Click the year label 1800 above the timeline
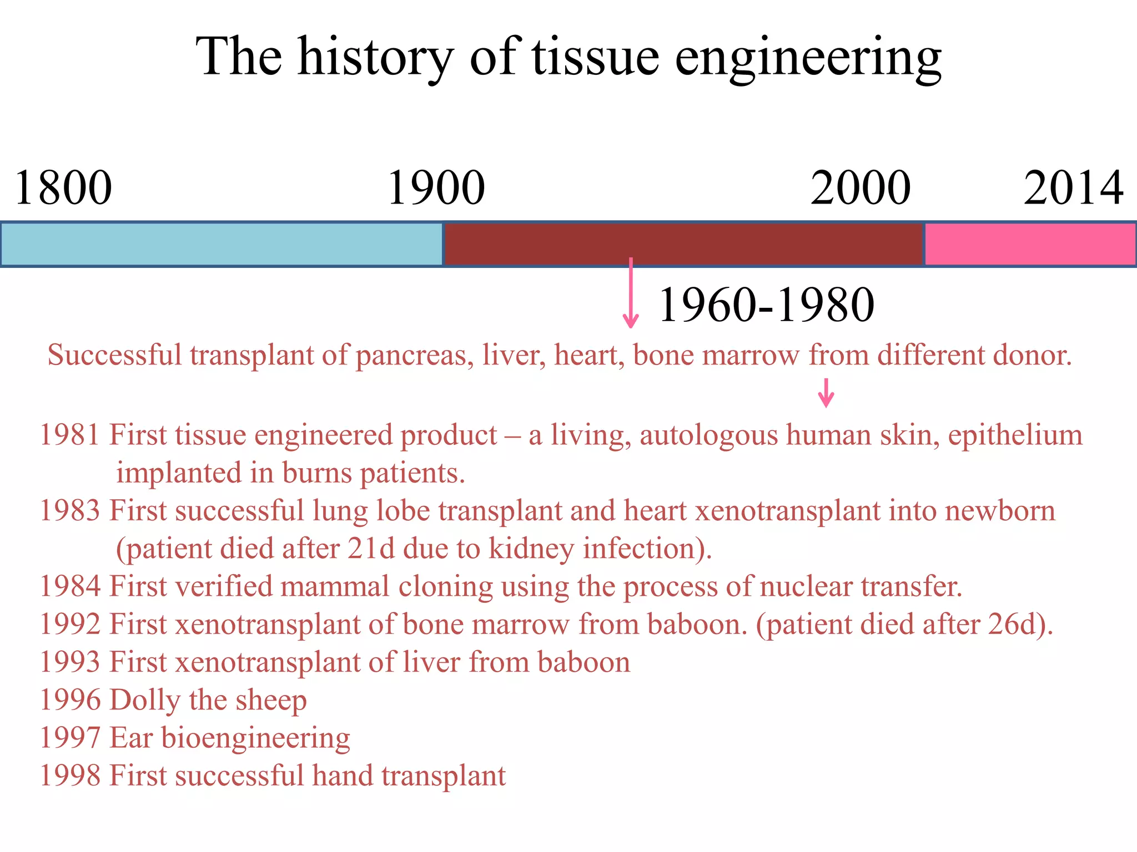pos(63,189)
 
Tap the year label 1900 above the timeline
pos(436,189)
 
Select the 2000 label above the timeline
pos(860,189)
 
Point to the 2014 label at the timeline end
pos(1073,189)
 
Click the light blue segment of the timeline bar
pos(222,244)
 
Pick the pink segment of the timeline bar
pos(1030,244)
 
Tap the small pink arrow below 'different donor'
pos(826,393)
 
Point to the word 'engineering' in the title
pos(808,58)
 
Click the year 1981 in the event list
pos(70,435)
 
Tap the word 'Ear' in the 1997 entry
pos(131,738)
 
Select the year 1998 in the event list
pos(70,775)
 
